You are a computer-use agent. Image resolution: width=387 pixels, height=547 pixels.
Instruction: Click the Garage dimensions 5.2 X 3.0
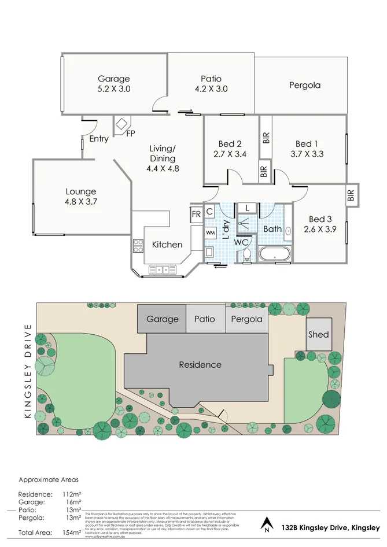(x=113, y=89)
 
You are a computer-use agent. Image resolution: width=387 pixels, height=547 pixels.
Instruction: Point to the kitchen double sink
(x=159, y=269)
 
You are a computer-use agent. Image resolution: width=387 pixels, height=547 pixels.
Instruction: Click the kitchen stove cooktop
(x=138, y=246)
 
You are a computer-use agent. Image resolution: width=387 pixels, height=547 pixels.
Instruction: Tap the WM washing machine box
(x=210, y=232)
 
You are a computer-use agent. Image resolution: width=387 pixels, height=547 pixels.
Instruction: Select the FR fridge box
(x=196, y=214)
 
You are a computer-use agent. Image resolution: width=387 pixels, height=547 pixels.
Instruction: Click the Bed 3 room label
(x=320, y=219)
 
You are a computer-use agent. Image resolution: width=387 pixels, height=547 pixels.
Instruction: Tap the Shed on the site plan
(x=318, y=334)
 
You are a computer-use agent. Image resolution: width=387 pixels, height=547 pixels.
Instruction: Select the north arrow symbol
(x=266, y=523)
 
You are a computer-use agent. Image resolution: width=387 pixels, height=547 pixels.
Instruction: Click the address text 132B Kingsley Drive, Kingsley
(x=330, y=527)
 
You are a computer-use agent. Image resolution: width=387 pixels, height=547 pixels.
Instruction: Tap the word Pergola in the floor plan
(x=305, y=85)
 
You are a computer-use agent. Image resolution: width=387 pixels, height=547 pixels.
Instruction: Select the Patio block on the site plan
(x=205, y=319)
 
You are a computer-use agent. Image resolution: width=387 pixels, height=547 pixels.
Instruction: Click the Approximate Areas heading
(x=49, y=479)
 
